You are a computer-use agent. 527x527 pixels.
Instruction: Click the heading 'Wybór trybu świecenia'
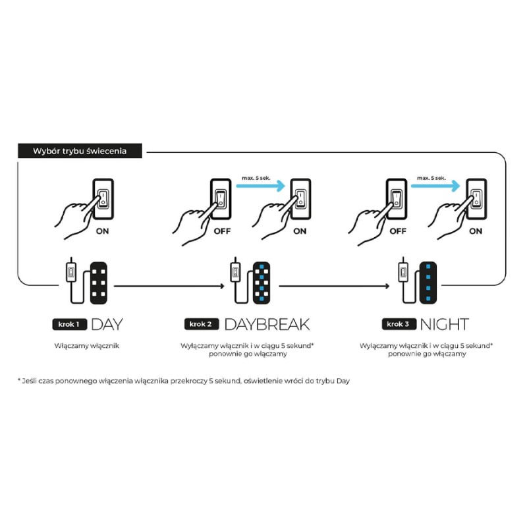80,151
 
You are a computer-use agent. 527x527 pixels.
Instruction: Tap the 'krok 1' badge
69,324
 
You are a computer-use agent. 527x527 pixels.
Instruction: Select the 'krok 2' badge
202,324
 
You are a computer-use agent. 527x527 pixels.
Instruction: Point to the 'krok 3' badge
399,324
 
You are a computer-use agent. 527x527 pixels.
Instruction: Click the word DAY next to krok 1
107,324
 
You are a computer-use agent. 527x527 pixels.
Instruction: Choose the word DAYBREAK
267,324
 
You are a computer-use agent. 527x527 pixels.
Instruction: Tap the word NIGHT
444,324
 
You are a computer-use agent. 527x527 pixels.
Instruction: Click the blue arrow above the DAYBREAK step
260,186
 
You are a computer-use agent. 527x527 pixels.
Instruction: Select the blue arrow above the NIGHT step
435,186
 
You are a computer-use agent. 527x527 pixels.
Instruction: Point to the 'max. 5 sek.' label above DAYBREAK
256,178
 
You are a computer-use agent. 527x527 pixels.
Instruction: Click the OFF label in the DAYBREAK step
222,231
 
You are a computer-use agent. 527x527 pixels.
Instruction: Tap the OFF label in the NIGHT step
398,231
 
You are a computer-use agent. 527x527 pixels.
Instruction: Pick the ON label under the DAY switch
102,231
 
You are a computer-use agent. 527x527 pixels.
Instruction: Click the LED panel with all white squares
99,283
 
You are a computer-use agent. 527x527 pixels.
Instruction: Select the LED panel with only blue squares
428,283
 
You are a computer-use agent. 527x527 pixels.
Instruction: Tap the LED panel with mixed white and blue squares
262,283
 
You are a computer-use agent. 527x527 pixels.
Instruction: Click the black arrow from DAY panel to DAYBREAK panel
169,286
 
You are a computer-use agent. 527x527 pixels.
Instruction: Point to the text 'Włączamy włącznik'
87,345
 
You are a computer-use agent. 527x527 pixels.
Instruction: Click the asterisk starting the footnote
19,380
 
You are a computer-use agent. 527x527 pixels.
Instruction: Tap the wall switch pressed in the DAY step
103,199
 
